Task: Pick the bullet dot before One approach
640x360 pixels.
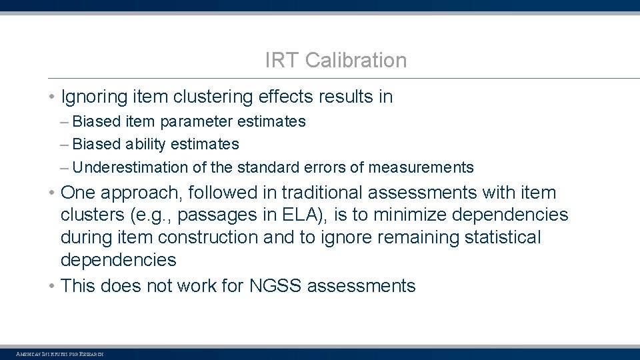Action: click(51, 193)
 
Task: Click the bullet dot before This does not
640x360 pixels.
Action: click(51, 287)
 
